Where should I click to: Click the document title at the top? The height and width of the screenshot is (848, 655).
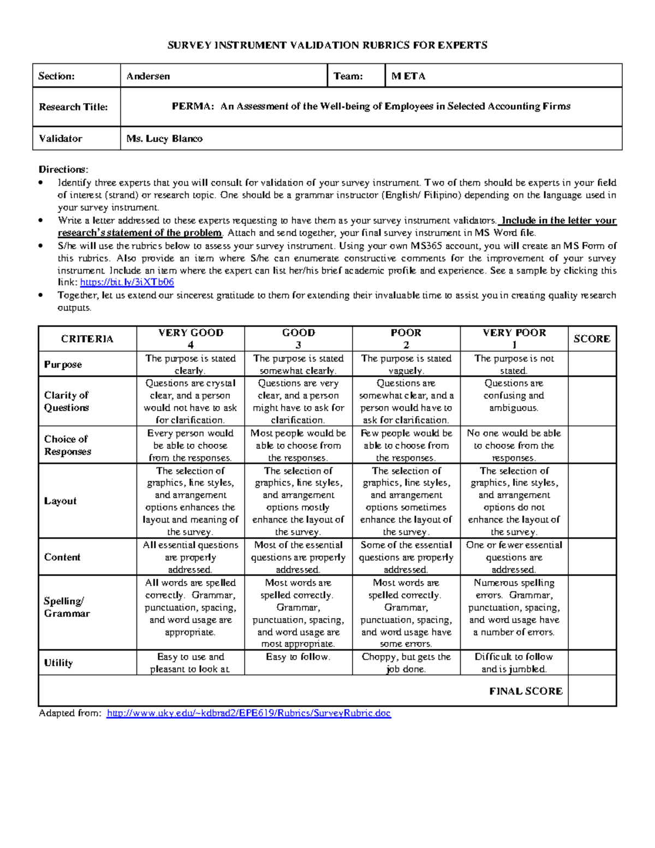tap(327, 45)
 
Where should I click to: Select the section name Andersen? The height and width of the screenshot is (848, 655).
tap(148, 76)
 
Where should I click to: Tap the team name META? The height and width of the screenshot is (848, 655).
tap(408, 76)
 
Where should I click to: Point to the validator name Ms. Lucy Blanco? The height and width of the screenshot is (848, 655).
tap(164, 139)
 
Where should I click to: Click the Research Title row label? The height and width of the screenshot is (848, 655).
tap(73, 107)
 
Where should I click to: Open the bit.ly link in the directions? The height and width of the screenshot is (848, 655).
tap(127, 282)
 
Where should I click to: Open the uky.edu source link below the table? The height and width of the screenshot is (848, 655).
tap(249, 713)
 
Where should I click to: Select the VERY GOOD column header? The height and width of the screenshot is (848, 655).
tap(190, 339)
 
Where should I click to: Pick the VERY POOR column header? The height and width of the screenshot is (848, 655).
tap(514, 339)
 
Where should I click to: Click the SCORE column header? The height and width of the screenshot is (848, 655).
tap(592, 339)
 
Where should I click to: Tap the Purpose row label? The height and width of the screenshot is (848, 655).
tap(63, 364)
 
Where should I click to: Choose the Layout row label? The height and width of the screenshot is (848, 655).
tap(60, 501)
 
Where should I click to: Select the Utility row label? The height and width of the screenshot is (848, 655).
tap(58, 663)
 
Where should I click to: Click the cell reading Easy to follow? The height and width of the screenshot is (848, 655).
tap(298, 657)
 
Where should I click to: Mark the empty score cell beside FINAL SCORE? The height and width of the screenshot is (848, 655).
tap(592, 691)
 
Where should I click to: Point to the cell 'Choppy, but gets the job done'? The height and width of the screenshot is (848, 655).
tap(406, 663)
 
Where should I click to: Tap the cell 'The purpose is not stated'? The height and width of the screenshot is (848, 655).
tap(514, 364)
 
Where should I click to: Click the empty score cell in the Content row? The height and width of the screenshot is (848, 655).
tap(592, 557)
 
